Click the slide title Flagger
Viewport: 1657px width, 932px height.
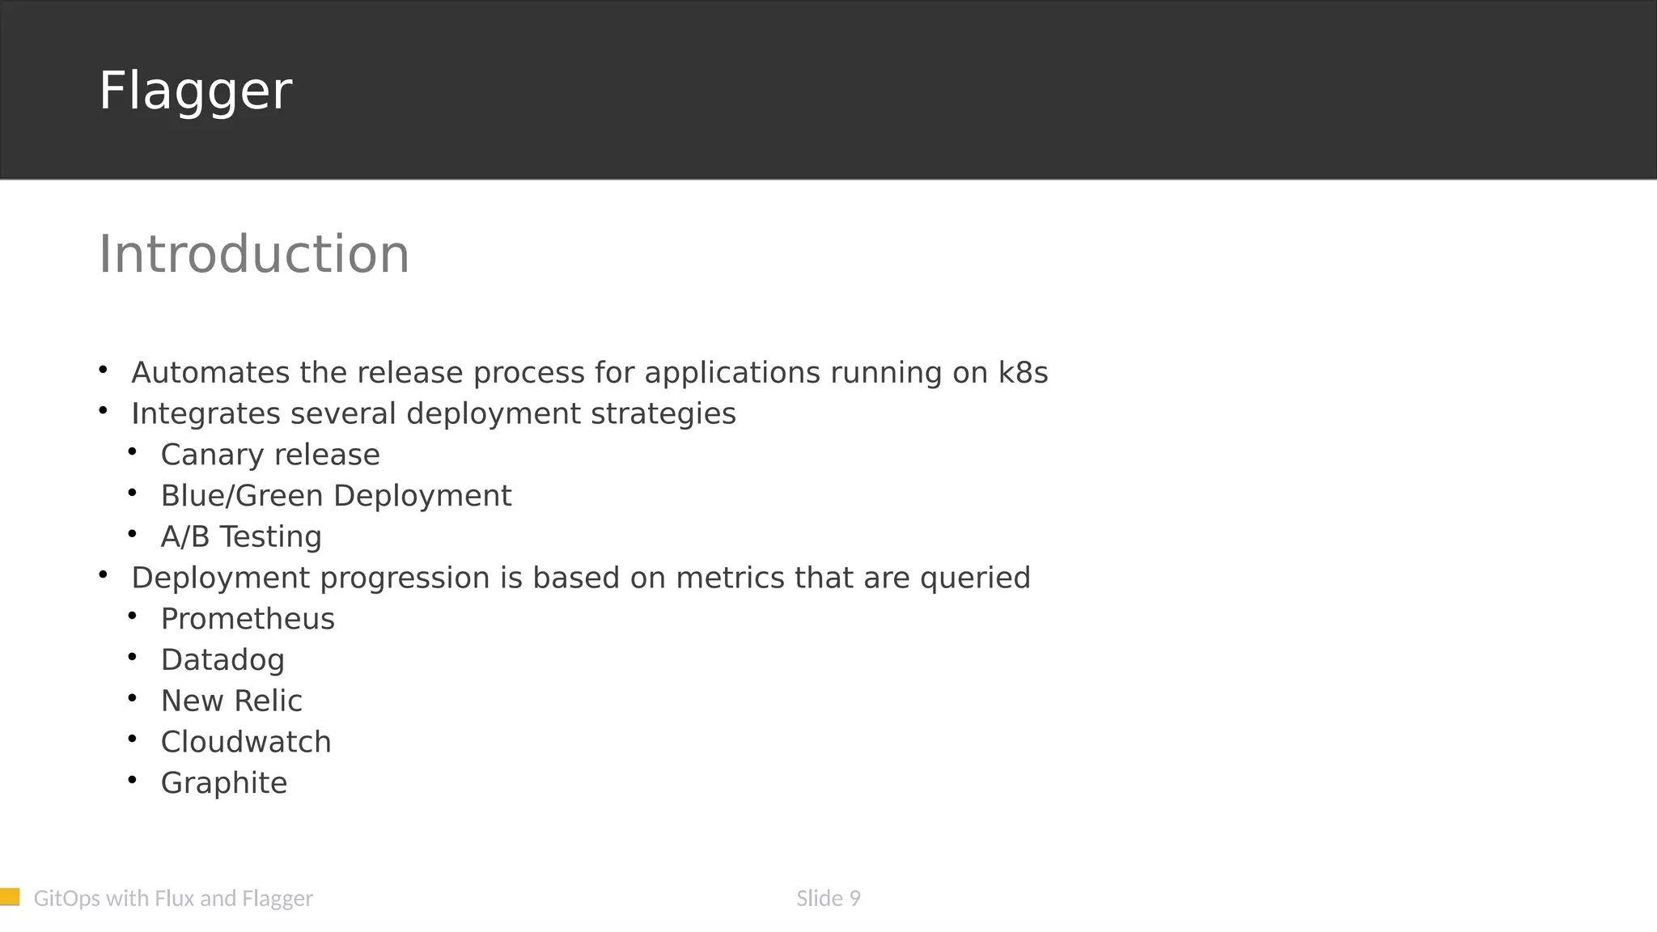click(195, 91)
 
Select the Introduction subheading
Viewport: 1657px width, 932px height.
click(254, 254)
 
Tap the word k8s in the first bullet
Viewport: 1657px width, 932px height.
click(1023, 373)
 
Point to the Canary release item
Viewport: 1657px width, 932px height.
click(270, 455)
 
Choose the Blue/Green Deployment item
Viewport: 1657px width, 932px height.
click(336, 496)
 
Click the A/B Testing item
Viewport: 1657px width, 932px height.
click(241, 537)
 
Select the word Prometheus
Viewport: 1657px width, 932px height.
click(248, 619)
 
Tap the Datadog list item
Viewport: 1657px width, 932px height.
click(222, 660)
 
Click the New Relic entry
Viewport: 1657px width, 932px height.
click(231, 701)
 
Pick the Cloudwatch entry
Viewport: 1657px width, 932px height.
click(246, 743)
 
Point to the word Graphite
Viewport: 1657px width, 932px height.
click(224, 783)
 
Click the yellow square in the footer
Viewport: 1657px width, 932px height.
click(10, 896)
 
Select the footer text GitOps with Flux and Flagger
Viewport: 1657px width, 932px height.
click(173, 899)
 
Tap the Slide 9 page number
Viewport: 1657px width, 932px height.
click(828, 899)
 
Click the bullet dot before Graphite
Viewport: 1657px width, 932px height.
click(133, 779)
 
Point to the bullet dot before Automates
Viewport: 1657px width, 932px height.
click(103, 370)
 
